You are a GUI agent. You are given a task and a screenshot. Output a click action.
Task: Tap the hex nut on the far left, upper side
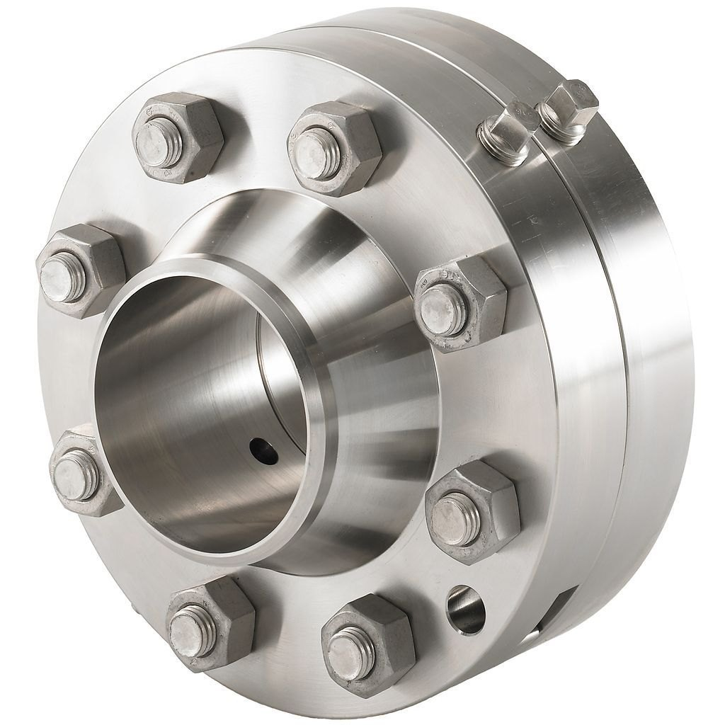coord(80,270)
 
